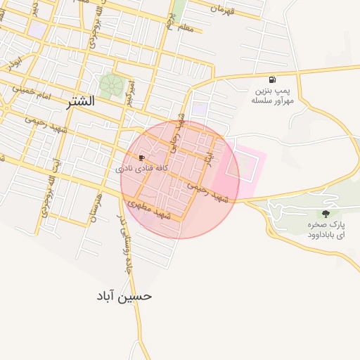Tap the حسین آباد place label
[124, 296]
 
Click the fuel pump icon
[272, 79]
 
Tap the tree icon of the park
[325, 212]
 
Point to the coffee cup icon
[142, 157]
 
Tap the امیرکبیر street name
[130, 92]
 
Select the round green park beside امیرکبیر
[110, 85]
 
